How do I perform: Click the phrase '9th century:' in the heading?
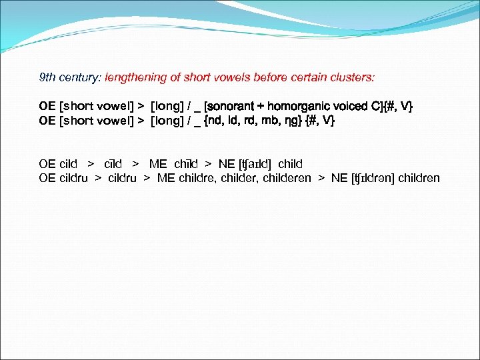coord(69,77)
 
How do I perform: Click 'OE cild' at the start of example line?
coord(58,164)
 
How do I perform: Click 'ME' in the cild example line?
coord(158,164)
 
